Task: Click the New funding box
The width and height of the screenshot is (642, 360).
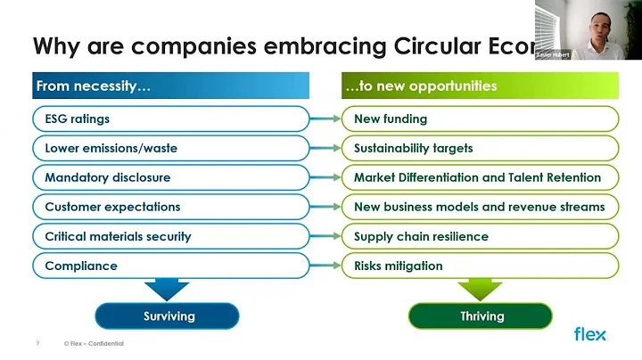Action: tap(481, 119)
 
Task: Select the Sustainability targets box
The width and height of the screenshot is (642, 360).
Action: tap(481, 148)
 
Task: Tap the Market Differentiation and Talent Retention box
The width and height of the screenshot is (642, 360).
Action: tap(481, 177)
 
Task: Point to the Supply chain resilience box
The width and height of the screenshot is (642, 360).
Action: tap(481, 236)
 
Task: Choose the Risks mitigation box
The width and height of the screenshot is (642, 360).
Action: tap(481, 266)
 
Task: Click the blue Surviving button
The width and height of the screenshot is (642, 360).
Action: tap(168, 316)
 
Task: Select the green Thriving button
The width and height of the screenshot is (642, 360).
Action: tap(481, 316)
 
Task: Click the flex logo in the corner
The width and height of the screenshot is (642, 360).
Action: tap(589, 334)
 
